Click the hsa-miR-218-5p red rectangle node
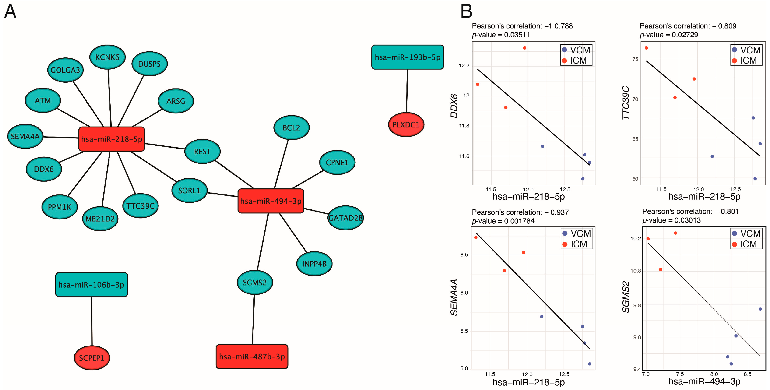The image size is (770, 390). click(112, 139)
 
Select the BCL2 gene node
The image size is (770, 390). click(291, 128)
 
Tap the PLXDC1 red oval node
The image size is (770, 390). click(406, 125)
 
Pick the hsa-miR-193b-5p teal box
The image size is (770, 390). click(407, 57)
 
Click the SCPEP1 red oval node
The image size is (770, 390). click(92, 358)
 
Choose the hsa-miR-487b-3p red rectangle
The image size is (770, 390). click(252, 356)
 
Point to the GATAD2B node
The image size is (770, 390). click(345, 218)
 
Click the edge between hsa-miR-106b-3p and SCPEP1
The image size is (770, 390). click(92, 322)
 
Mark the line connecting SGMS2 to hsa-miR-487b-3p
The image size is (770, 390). click(253, 320)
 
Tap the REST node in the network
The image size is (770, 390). click(202, 151)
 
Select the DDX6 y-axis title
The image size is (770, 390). click(454, 106)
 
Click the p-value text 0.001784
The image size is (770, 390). click(519, 221)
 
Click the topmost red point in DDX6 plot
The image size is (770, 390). click(525, 48)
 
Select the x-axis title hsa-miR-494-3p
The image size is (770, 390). click(704, 382)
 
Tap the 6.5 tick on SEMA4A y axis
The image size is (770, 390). click(464, 255)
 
